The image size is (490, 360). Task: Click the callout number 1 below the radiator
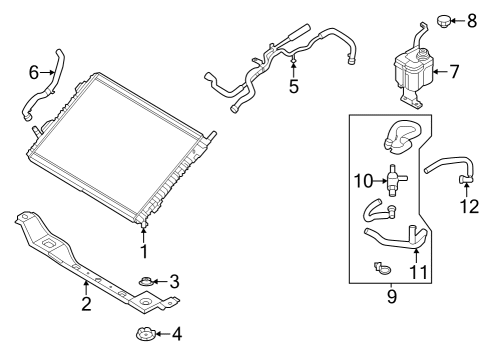click(x=143, y=253)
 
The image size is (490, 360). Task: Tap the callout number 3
click(x=173, y=281)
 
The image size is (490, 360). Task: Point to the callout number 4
click(x=177, y=334)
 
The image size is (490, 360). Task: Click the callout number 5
click(x=293, y=87)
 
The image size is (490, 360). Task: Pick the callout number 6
click(x=34, y=72)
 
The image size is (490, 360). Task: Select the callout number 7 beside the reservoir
click(x=453, y=72)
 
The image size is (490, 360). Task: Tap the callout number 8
click(x=471, y=19)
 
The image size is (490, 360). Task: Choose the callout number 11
click(x=418, y=271)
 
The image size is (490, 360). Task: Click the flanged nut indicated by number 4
click(x=144, y=334)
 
